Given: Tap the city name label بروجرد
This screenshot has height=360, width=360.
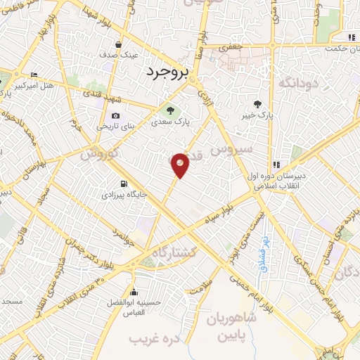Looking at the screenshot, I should tap(168, 72).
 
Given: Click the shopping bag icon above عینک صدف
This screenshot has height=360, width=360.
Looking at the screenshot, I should tap(129, 43).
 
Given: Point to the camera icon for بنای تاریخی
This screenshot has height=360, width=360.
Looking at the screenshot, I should tap(115, 116).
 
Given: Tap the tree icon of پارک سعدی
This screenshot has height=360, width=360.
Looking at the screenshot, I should tap(169, 110).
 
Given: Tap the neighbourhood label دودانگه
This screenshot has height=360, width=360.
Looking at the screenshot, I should tap(300, 84).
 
